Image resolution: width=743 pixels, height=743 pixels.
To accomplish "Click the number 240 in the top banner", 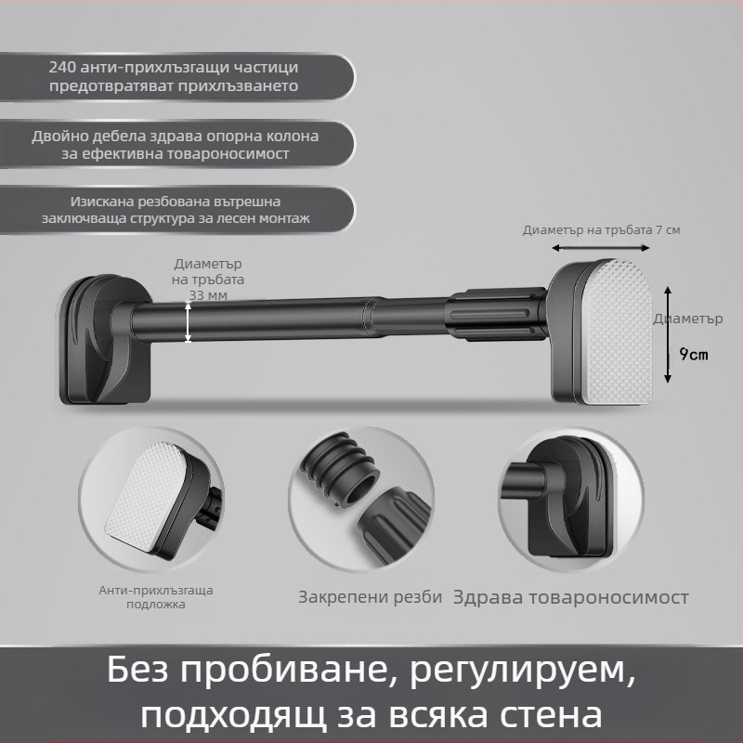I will (64, 68).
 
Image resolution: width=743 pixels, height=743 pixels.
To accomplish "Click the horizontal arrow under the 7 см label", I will (600, 248).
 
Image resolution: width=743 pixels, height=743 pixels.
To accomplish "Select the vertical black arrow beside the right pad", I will (667, 333).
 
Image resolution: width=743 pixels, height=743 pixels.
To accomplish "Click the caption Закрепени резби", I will (370, 597).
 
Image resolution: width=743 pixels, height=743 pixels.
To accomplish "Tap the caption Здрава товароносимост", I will (570, 597).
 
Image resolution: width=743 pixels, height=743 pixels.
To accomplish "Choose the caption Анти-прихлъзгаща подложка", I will (156, 597).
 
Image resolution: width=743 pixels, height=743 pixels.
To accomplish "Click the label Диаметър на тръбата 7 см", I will (601, 229).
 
